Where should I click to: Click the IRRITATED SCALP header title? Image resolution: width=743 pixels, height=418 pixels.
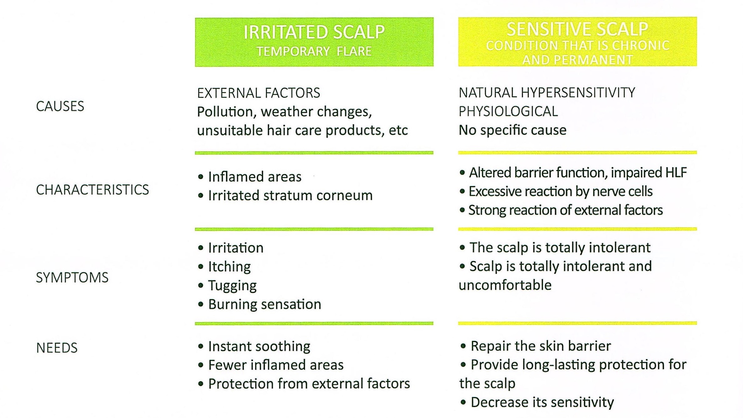314,32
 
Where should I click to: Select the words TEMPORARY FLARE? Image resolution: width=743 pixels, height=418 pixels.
314,51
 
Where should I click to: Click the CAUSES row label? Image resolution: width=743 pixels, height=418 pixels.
60,106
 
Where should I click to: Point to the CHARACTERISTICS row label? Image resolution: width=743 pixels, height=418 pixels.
92,190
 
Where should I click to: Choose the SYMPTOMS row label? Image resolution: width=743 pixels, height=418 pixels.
72,277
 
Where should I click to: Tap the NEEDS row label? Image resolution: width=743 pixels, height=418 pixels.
57,348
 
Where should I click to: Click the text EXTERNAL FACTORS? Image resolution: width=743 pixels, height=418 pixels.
259,93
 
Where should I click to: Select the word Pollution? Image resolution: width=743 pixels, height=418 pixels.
225,112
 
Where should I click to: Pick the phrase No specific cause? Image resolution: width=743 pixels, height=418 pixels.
512,130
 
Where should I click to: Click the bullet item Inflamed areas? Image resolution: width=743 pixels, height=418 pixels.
254,177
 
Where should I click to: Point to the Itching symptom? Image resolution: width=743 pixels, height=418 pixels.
229,267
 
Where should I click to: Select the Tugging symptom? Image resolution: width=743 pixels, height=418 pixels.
232,286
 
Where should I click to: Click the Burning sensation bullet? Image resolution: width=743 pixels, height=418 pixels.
264,304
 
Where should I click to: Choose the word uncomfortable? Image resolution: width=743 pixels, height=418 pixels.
505,285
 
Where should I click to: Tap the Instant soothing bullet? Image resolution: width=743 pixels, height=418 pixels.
259,346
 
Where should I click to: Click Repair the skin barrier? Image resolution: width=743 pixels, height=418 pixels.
540,346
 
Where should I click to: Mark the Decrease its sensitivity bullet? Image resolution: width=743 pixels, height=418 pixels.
542,402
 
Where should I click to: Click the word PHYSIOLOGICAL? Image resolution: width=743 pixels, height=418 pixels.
508,112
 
